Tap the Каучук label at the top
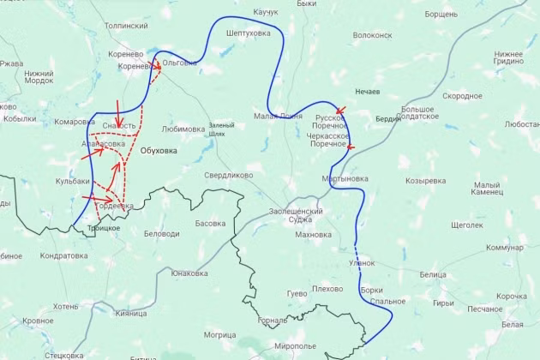click(x=267, y=12)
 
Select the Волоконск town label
click(x=372, y=36)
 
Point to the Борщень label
click(x=441, y=15)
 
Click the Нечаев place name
click(x=369, y=91)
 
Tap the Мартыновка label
click(x=345, y=179)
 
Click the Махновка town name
click(x=313, y=234)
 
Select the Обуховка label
click(x=159, y=151)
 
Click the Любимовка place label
click(x=183, y=129)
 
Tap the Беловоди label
click(x=161, y=234)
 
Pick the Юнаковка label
click(x=189, y=273)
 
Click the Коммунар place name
click(x=504, y=248)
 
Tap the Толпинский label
click(x=126, y=27)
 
